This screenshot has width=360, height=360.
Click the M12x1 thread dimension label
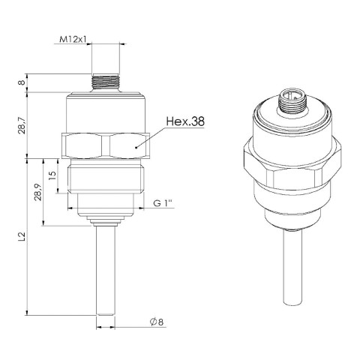72,39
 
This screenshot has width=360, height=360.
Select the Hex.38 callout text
185,121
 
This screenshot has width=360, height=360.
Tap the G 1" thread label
163,203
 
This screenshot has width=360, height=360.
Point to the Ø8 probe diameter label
157,322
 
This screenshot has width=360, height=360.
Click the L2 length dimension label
22,236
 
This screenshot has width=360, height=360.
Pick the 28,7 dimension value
22,125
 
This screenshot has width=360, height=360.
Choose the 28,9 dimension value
38,192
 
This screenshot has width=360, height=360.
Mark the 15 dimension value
52,175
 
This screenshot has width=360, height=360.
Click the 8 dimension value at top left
22,82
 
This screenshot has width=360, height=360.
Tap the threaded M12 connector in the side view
105,82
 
